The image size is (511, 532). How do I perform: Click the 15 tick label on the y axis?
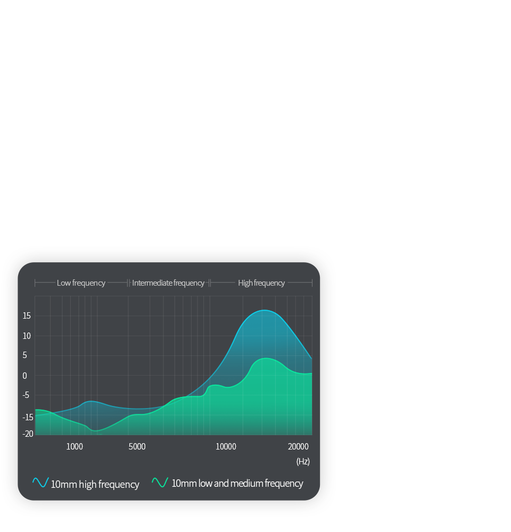click(27, 316)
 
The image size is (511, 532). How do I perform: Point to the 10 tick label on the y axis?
click(27, 336)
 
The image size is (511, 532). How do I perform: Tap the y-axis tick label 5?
click(25, 355)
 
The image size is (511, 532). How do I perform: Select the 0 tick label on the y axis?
click(25, 376)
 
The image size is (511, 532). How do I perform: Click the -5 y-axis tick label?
click(26, 395)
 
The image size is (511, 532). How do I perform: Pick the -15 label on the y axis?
click(28, 417)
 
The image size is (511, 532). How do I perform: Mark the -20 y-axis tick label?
click(28, 434)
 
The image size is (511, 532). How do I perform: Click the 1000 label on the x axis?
click(75, 446)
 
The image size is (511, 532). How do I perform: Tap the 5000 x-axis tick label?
click(137, 446)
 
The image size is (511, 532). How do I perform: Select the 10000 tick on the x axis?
click(226, 446)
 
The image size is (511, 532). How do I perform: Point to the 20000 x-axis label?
click(298, 446)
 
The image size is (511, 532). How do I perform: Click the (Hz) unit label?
click(303, 461)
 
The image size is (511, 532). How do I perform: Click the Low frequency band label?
click(81, 283)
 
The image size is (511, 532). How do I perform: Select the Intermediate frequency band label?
click(168, 283)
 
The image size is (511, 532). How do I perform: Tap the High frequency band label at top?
click(261, 283)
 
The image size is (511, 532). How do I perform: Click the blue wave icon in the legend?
click(40, 483)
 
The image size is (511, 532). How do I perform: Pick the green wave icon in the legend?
click(160, 483)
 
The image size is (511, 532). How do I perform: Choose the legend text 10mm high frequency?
click(95, 484)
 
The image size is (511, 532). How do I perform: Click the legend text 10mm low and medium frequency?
click(237, 483)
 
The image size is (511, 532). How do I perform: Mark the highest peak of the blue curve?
click(265, 310)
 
